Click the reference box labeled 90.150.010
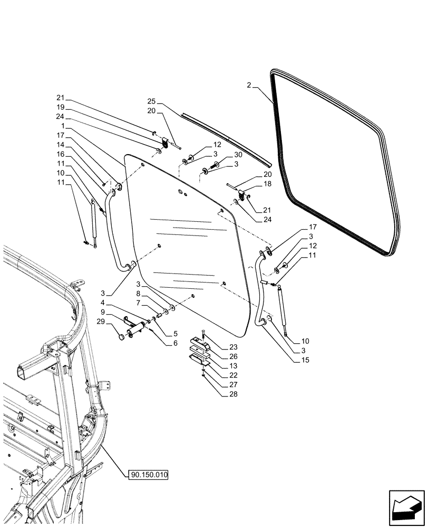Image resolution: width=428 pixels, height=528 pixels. [148, 475]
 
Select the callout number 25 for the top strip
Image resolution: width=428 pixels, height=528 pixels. [152, 102]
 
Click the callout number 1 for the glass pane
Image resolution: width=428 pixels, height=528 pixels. [62, 127]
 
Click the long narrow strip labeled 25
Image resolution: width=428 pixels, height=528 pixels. [227, 137]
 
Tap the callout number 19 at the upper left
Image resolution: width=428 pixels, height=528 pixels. [61, 106]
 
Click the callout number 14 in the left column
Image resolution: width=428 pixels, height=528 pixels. [61, 144]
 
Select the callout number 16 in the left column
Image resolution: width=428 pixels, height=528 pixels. [61, 154]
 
